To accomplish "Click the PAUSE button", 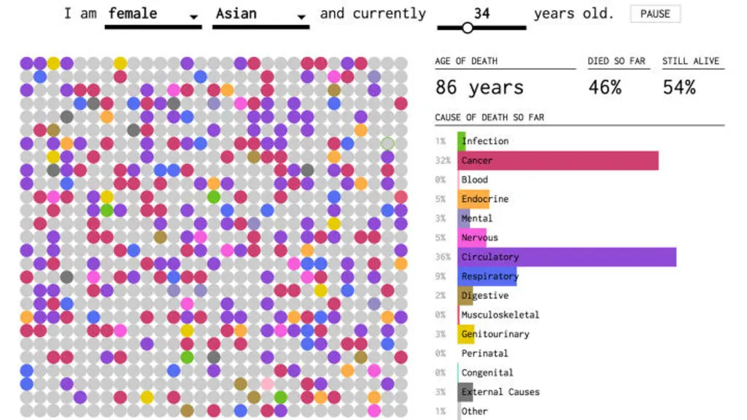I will pos(655,14).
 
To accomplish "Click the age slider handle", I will pos(468,28).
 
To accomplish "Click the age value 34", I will pos(481,13).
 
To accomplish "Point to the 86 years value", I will pos(479,88).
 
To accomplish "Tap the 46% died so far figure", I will pos(605,88).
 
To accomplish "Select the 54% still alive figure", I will pos(679,88).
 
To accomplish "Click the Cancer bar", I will pos(558,160).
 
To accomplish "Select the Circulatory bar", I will pos(567,257).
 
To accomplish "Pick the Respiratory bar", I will pos(488,276).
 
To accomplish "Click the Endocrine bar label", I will pos(484,199).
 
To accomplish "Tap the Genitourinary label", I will pos(495,334).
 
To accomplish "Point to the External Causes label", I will pos(500,392).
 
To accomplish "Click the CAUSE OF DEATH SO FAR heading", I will pos(489,117).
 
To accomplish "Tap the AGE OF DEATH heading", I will pos(466,61).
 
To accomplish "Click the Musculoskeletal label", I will pos(500,315).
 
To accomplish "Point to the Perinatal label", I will pos(484,353).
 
